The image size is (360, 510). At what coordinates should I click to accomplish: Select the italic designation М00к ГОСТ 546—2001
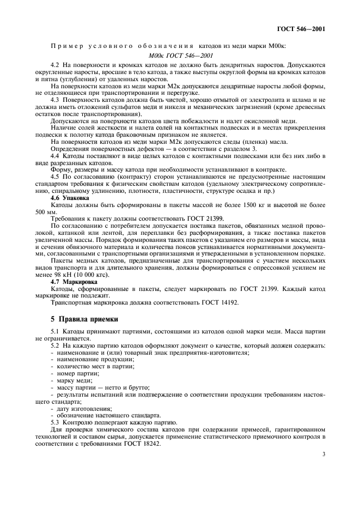point(180,56)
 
